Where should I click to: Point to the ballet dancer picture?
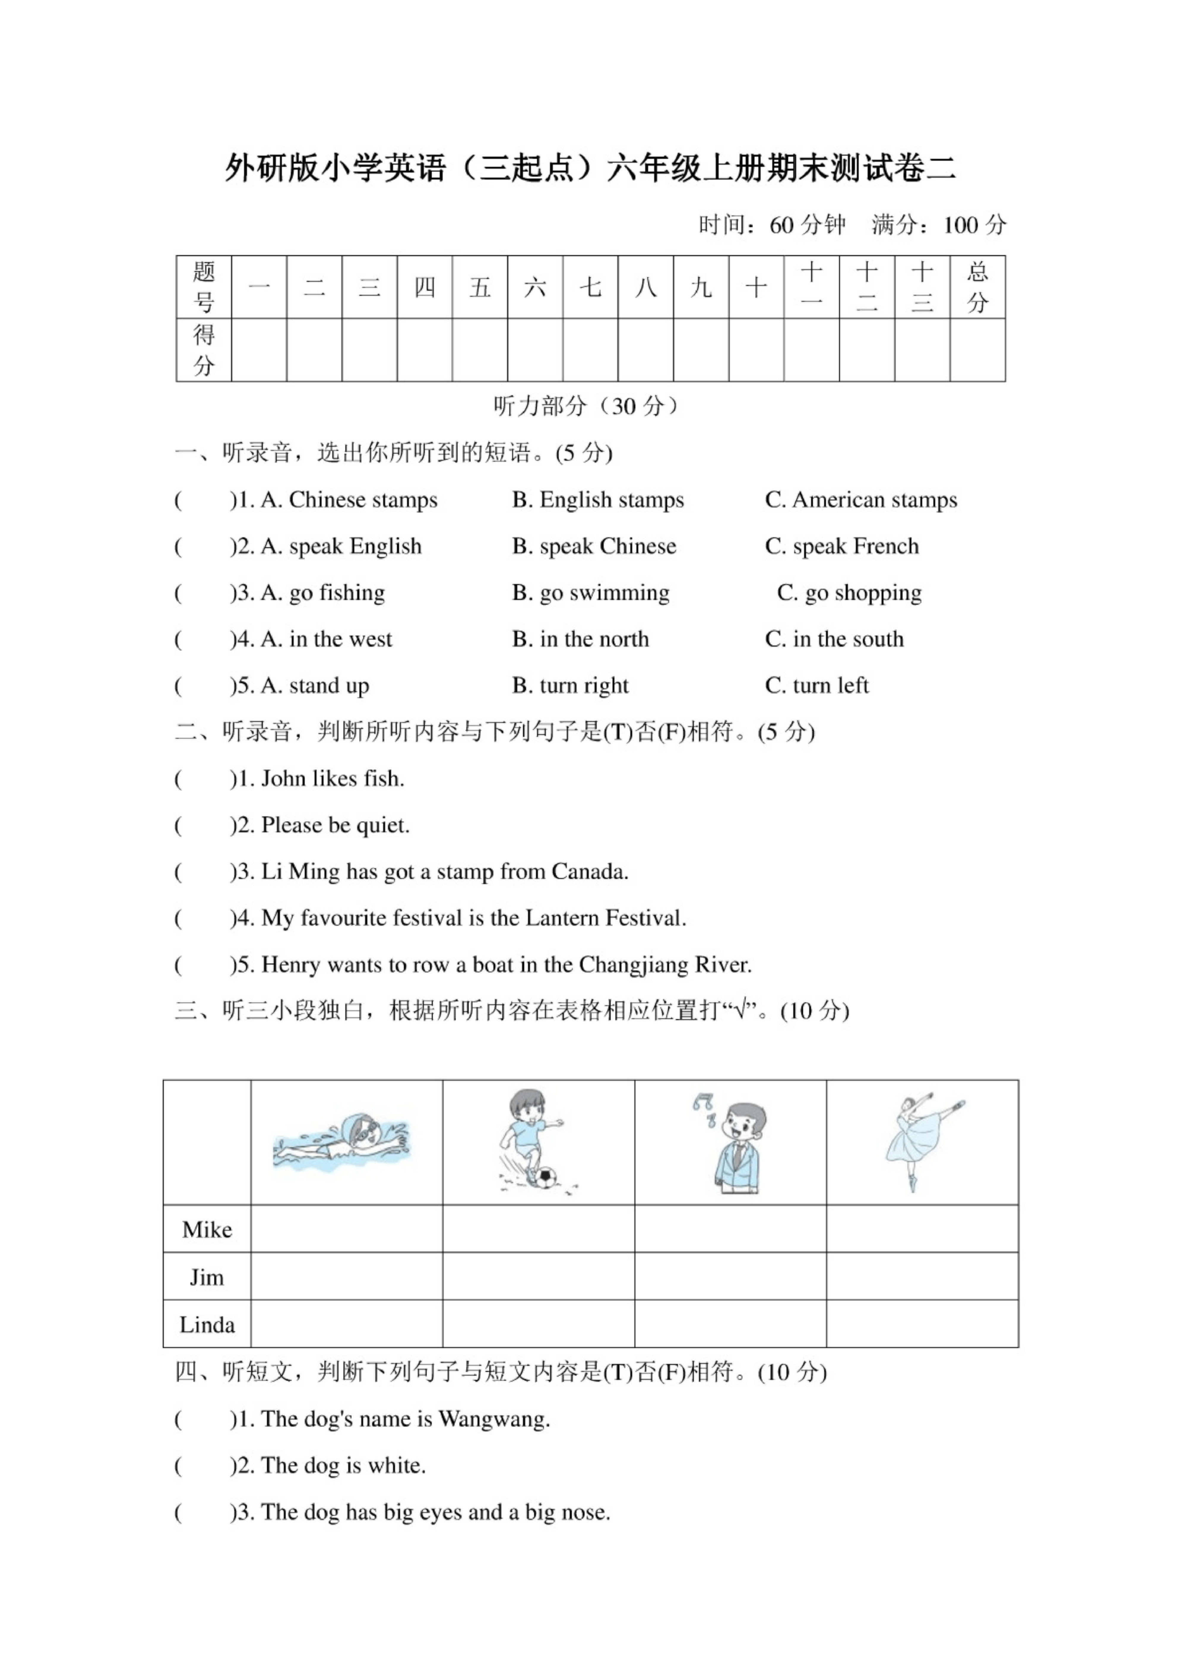click(920, 1142)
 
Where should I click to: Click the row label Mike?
click(207, 1230)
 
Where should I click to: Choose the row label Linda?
click(207, 1325)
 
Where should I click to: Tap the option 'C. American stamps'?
click(861, 500)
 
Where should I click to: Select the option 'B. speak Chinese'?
click(594, 547)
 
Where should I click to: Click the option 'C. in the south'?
click(834, 640)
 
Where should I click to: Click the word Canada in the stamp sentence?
click(589, 872)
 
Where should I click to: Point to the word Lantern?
click(561, 918)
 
